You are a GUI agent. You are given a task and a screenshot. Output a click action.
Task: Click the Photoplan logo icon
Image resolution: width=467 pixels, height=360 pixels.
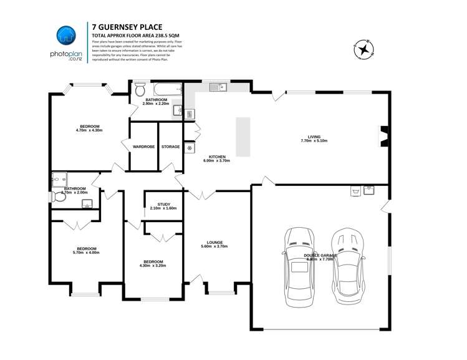coord(65,37)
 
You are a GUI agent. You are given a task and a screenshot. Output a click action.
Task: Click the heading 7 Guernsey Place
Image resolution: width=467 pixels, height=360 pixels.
coord(127,27)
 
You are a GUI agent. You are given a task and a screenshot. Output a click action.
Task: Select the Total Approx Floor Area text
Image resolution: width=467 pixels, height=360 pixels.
coord(131,36)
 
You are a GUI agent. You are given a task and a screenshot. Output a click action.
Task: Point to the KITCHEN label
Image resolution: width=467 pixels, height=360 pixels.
coord(216,156)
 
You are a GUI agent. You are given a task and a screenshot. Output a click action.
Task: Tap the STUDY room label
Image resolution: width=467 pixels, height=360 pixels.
coord(163,203)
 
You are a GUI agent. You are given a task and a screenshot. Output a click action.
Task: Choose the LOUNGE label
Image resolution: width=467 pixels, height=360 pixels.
coord(215,242)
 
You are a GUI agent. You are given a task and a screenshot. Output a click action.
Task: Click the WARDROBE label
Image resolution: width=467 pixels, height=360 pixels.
coord(143,147)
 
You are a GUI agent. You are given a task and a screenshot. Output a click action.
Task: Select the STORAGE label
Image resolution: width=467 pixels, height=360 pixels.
coord(170,147)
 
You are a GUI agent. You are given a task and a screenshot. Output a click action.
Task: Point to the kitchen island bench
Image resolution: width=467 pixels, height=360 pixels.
coord(243,137)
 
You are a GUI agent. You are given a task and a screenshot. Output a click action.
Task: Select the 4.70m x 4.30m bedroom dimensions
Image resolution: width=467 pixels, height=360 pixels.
coord(89,130)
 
